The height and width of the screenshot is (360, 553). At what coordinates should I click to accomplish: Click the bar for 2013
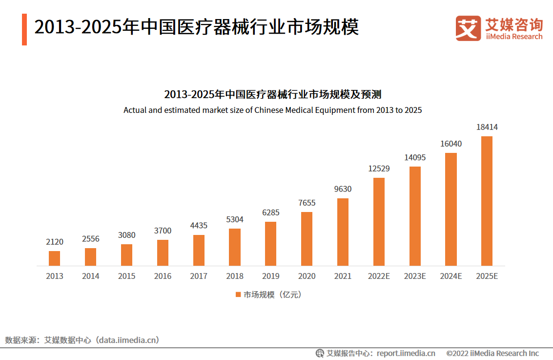tap(55, 258)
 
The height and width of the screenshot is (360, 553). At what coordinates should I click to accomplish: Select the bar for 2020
tap(307, 239)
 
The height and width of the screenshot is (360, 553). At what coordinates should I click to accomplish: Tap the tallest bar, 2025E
tap(487, 201)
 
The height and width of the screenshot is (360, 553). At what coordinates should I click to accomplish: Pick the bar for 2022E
tap(379, 222)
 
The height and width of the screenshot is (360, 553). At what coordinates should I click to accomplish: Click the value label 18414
tap(487, 127)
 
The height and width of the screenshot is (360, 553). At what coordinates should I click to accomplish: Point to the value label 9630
tap(343, 189)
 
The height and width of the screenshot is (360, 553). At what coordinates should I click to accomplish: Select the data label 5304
tap(235, 220)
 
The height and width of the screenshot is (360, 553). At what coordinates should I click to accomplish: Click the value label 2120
tap(55, 242)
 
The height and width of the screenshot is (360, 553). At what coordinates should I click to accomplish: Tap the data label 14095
tap(415, 158)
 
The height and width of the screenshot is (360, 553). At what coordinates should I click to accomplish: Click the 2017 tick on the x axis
tap(199, 276)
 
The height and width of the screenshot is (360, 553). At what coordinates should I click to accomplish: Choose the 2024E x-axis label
tap(451, 276)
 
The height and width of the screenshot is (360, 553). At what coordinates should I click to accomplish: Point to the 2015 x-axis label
tap(126, 276)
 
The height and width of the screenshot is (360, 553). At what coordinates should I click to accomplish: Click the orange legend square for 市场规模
tap(238, 295)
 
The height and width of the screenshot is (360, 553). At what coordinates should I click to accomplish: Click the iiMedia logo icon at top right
tap(468, 28)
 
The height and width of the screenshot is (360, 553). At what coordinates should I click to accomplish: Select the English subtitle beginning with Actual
tap(272, 110)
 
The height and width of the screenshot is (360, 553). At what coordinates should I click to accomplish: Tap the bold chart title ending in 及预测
tap(272, 94)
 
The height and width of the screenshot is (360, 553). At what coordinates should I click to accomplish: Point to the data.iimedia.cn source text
tap(128, 340)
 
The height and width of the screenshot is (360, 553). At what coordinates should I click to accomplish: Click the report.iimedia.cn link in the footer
tap(406, 353)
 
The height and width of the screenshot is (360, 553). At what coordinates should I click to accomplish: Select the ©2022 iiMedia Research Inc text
tap(492, 353)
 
